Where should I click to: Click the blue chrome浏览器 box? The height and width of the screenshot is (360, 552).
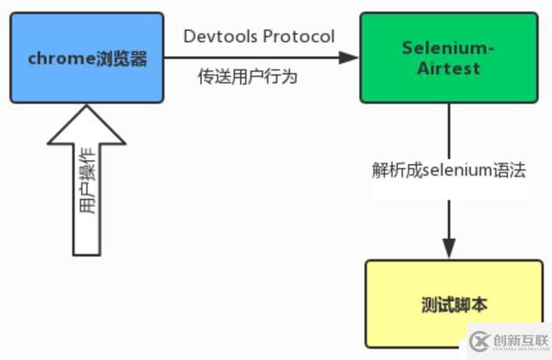tap(86, 57)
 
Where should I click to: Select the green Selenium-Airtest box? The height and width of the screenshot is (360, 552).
tap(449, 57)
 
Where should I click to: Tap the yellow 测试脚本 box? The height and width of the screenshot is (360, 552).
tap(454, 304)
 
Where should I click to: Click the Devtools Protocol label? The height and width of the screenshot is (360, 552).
tap(259, 36)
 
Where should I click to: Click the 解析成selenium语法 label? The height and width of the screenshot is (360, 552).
tap(449, 169)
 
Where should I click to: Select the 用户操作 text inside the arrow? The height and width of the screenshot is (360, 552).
tap(87, 197)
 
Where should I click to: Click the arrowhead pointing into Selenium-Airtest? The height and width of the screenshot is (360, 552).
tap(348, 57)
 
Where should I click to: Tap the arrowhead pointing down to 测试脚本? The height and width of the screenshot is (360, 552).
tap(449, 248)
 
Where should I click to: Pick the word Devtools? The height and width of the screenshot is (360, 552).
tap(218, 36)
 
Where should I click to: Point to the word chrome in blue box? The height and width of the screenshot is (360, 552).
tap(57, 58)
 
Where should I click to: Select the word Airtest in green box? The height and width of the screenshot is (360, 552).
tap(449, 67)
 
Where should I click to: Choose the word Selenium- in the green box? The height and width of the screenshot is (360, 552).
tap(449, 48)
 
